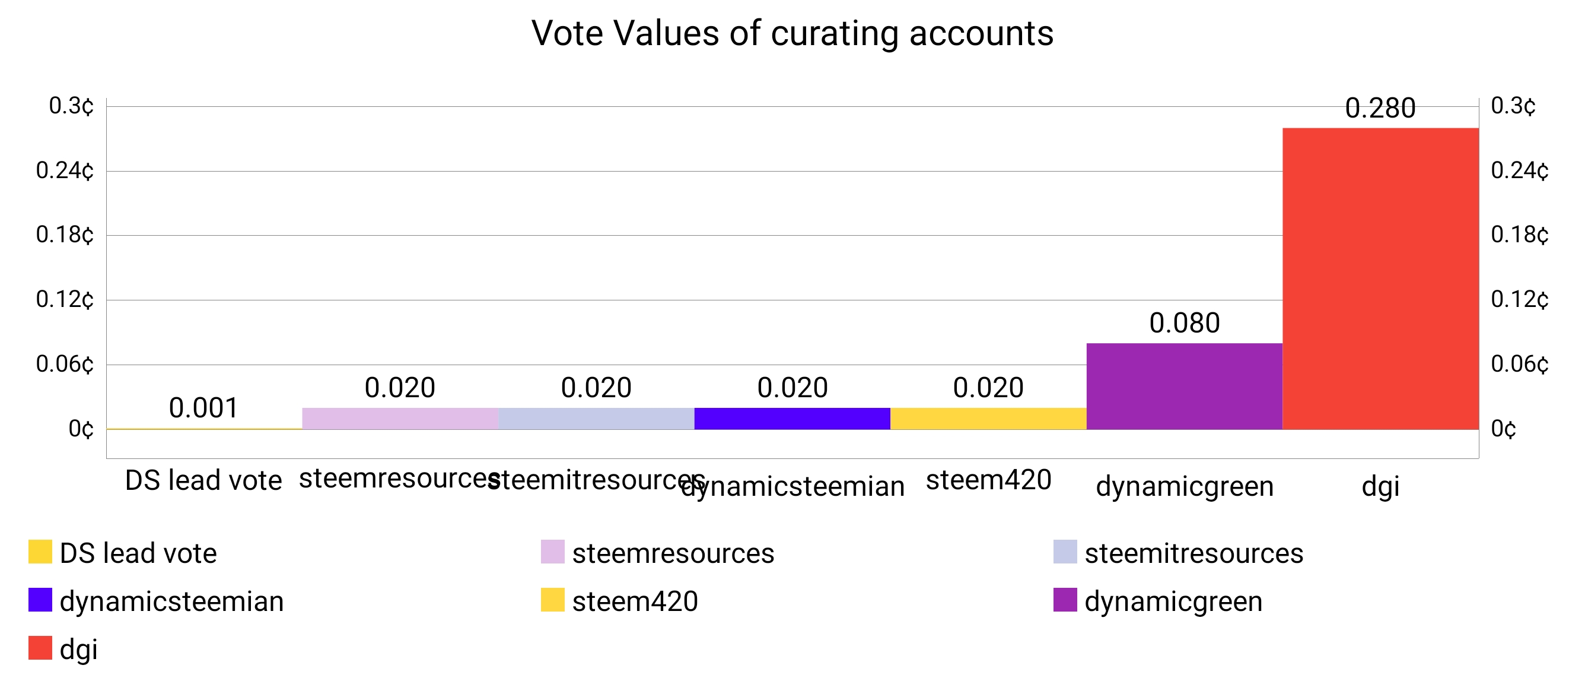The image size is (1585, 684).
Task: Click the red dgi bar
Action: [1380, 278]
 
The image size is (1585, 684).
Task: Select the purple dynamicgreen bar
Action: [1184, 386]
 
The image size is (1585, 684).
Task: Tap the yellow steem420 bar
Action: [988, 418]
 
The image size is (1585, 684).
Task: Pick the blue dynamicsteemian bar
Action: [792, 418]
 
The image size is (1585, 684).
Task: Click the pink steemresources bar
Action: [400, 418]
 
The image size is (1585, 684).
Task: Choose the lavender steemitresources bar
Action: [596, 418]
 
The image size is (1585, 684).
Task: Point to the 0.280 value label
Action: [1380, 108]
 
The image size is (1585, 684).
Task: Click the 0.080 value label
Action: [1184, 323]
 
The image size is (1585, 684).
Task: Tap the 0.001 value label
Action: [203, 407]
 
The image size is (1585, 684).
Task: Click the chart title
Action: [792, 33]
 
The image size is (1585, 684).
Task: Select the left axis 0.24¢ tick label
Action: [65, 170]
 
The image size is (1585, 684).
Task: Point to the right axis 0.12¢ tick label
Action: [1519, 300]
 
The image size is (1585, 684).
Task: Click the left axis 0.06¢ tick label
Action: [65, 364]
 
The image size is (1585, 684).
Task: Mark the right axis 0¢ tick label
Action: [1503, 429]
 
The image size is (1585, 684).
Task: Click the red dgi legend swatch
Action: [40, 648]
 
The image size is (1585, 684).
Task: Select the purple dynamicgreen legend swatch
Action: [1065, 600]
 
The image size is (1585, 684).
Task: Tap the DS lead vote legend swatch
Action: [40, 552]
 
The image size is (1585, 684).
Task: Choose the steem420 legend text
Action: [635, 601]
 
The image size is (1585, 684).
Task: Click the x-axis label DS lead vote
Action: [203, 480]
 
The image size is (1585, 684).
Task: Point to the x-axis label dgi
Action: [1380, 486]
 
